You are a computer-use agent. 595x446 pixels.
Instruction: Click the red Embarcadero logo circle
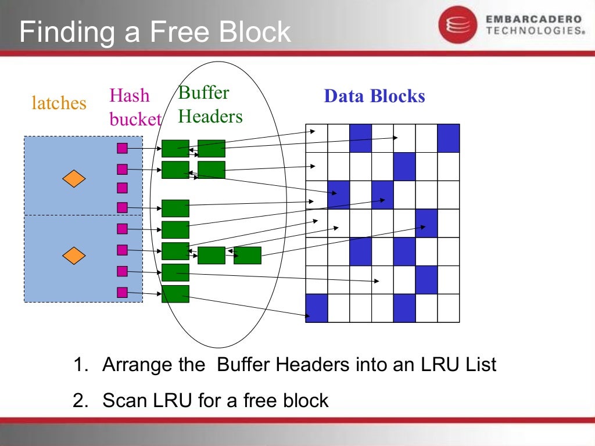pos(457,24)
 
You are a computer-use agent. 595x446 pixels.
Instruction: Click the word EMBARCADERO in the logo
pos(533,19)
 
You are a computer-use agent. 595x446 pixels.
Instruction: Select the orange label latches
pos(59,103)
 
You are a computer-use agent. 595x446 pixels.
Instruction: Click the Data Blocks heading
pos(374,96)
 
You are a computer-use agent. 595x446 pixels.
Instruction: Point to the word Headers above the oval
pos(210,116)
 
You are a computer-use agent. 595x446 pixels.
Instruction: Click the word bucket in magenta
pos(135,119)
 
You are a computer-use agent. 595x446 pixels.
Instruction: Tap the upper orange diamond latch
pos(74,179)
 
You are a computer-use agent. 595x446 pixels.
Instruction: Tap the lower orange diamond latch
pos(74,255)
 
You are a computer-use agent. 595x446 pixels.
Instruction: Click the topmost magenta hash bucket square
pos(122,148)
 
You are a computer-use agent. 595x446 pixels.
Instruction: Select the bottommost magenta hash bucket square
pos(122,292)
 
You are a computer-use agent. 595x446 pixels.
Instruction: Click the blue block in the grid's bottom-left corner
pos(317,308)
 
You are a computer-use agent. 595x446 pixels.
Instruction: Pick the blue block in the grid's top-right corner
pos(449,138)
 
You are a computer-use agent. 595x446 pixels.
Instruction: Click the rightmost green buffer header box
pos(248,256)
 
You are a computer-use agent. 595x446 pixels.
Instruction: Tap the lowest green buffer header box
pos(175,294)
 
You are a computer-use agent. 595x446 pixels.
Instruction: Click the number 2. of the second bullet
pos(80,400)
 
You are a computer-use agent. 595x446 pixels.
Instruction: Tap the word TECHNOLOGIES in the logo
pos(534,31)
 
